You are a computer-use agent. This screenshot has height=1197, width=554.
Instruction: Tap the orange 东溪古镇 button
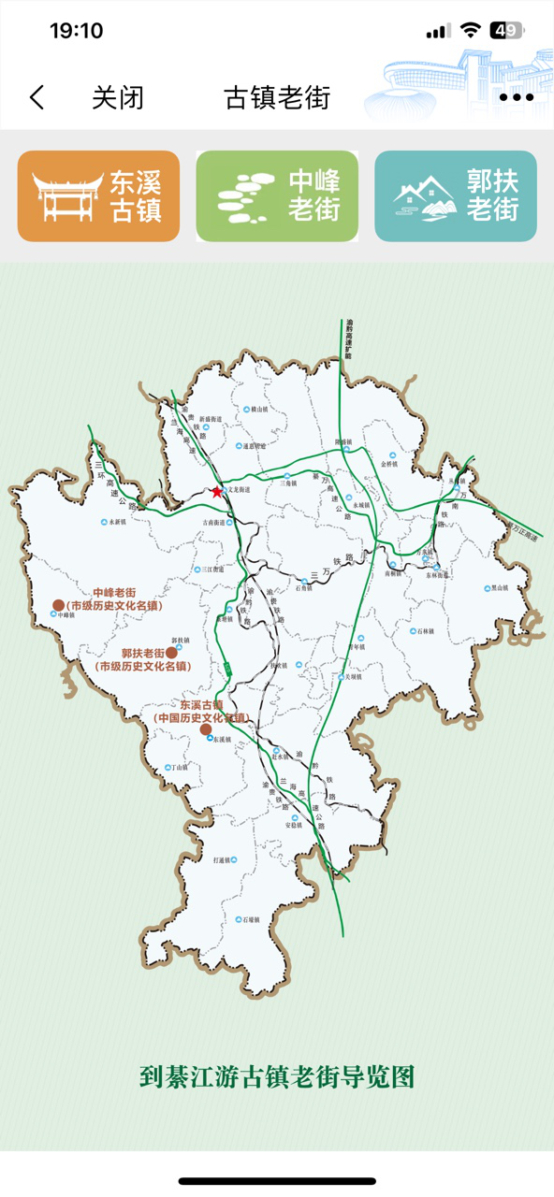(98, 196)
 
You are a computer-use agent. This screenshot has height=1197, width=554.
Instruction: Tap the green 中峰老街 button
(277, 196)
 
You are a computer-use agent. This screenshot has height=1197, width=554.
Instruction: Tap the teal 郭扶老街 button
(456, 196)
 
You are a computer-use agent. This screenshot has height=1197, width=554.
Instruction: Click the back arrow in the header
(37, 97)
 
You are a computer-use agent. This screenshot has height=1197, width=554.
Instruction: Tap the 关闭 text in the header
(118, 97)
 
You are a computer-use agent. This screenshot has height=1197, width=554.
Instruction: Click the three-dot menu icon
(516, 97)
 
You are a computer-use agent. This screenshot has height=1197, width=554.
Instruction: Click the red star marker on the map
(217, 491)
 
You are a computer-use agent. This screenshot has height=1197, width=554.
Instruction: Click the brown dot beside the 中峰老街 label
(58, 606)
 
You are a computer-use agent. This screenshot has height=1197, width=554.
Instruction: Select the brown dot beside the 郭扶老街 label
(172, 653)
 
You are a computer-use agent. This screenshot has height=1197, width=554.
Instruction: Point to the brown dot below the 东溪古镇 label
(206, 728)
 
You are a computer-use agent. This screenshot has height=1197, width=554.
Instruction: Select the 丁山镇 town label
(178, 768)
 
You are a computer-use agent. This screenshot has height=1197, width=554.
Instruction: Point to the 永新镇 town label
(117, 523)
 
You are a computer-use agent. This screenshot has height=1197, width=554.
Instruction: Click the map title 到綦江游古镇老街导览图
(277, 1076)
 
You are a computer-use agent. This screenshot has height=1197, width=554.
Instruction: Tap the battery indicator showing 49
(506, 31)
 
